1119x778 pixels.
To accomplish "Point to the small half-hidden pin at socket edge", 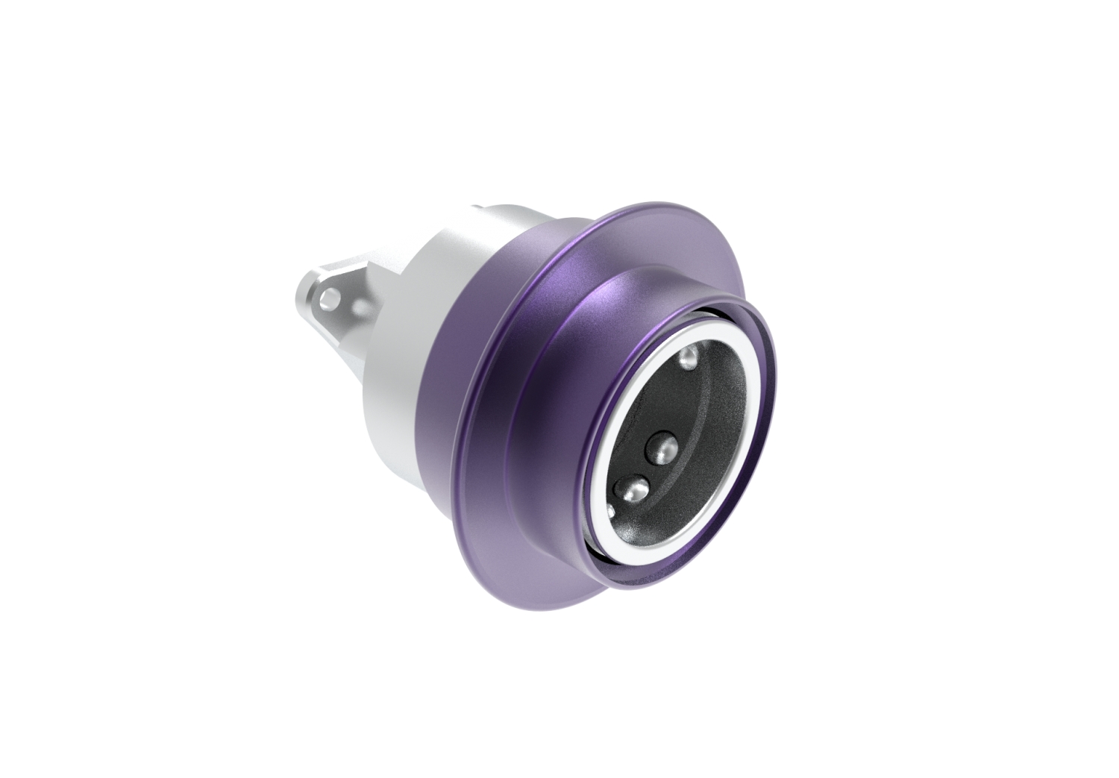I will pos(611,511).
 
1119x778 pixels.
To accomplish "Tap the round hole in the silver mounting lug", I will pos(327,299).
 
